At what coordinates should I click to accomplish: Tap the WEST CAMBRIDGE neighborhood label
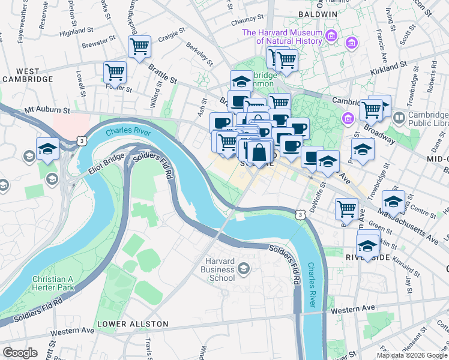27,75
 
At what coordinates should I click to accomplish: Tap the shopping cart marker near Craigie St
139,46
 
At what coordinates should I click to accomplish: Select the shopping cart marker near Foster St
115,73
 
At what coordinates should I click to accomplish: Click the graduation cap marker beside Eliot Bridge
47,148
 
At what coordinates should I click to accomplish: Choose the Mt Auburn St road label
47,111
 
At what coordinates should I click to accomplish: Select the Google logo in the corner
20,352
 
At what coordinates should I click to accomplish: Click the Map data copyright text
412,355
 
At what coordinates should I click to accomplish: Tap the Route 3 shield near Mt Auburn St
82,140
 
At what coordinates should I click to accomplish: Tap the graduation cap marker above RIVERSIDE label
367,244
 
